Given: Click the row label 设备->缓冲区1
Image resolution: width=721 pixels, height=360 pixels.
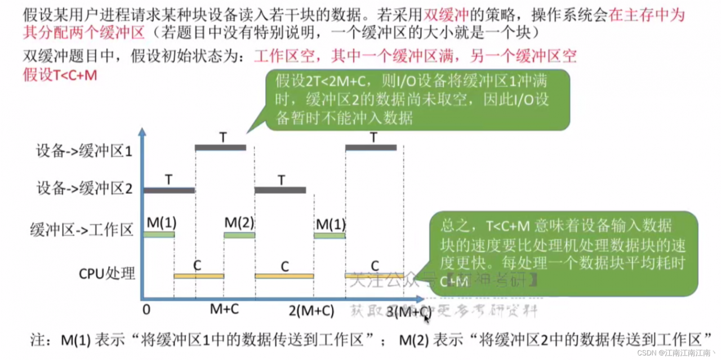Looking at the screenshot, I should [x=84, y=152].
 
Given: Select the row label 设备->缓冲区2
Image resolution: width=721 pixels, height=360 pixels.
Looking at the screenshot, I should [x=84, y=189].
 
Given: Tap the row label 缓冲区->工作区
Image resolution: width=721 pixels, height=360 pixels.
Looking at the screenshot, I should [x=82, y=230].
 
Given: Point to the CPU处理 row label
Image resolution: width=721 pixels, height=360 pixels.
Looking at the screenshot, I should [x=107, y=274].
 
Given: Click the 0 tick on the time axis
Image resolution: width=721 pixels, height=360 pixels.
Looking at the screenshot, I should [x=147, y=309].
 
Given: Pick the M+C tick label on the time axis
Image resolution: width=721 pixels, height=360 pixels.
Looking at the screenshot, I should [x=224, y=309].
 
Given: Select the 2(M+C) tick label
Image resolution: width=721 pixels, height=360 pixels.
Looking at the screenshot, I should [x=311, y=310].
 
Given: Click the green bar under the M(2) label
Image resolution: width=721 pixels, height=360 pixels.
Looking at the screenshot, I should [x=239, y=235].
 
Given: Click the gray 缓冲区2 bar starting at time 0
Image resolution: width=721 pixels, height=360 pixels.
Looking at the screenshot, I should [x=169, y=190].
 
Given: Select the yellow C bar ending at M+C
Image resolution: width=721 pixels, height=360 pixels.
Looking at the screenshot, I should [x=198, y=276].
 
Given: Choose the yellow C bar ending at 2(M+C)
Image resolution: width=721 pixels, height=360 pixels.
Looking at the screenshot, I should [x=284, y=276].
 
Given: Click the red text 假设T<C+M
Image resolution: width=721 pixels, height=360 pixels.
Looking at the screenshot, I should [x=60, y=75].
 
